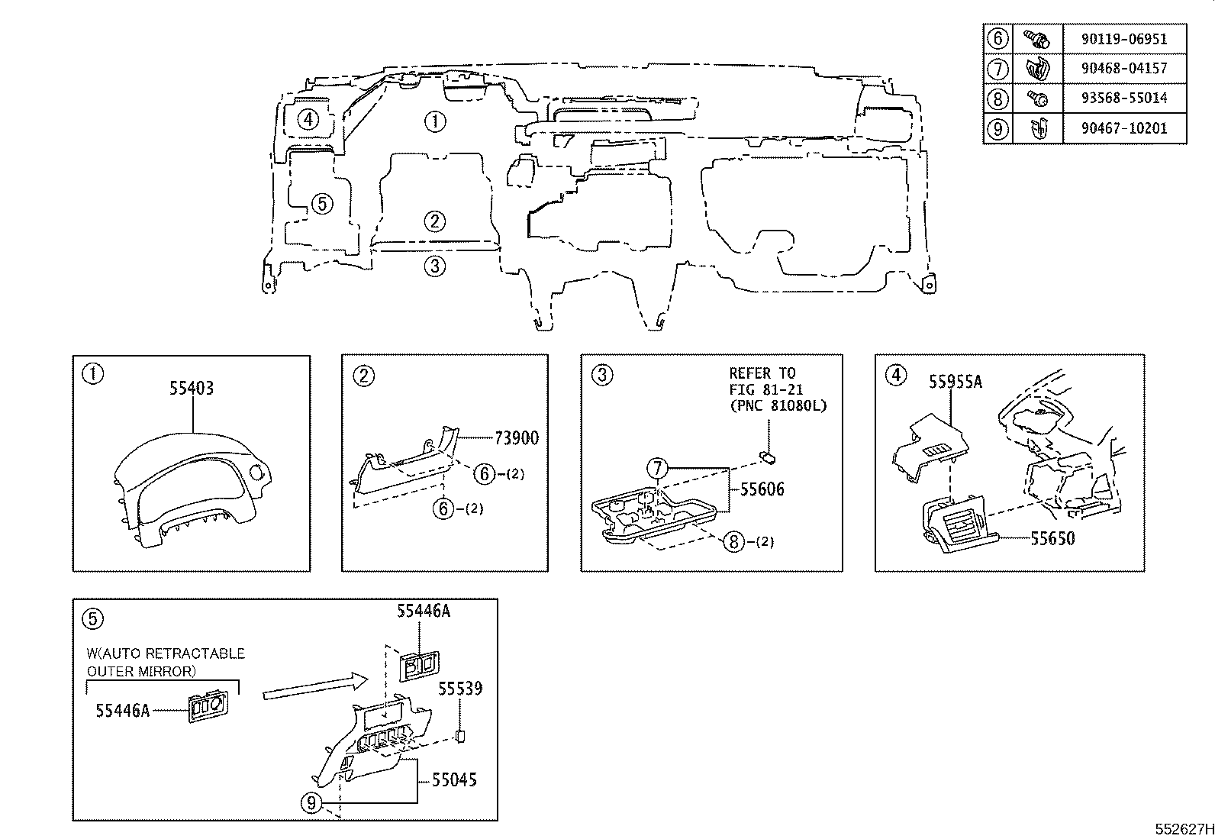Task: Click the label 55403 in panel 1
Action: (192, 388)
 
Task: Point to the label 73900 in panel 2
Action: (517, 437)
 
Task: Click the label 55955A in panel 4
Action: (955, 382)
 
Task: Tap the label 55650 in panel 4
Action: (1052, 538)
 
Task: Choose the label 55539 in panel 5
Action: (460, 689)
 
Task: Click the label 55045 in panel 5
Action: (455, 779)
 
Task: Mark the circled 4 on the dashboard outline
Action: (308, 119)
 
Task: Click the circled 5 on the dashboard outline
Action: (322, 204)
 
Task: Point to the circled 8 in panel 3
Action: (733, 541)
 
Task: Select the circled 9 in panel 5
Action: (310, 802)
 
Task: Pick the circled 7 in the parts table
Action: (997, 68)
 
